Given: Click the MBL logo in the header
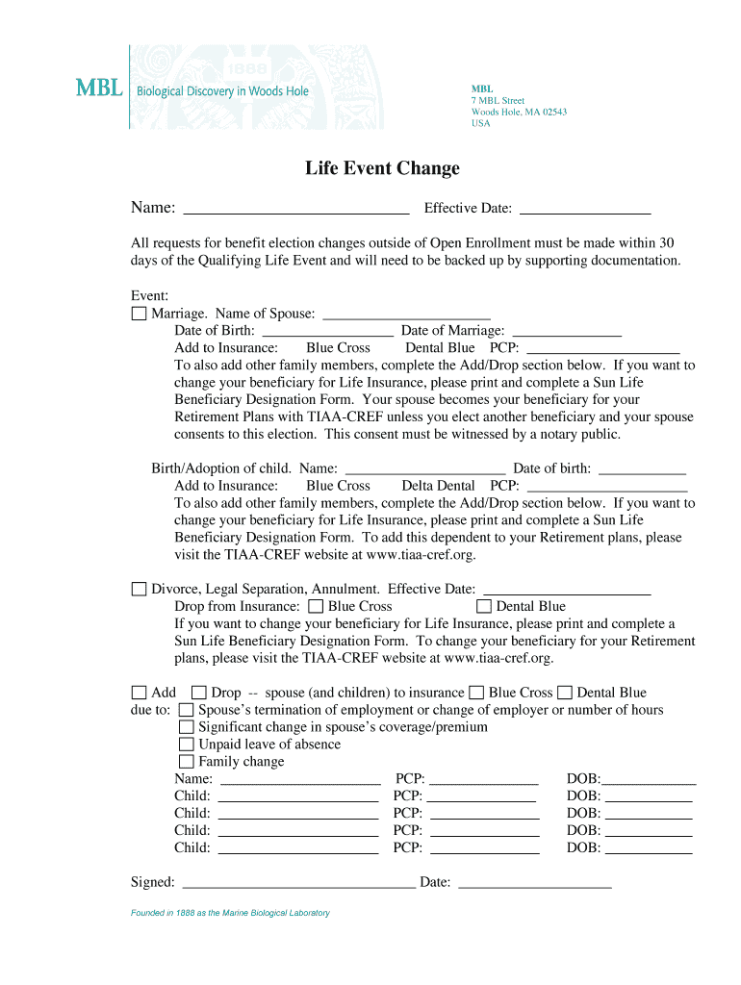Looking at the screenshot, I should (99, 88).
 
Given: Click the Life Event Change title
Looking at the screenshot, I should (382, 168).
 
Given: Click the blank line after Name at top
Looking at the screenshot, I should (295, 209).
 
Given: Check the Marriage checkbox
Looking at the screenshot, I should (139, 315).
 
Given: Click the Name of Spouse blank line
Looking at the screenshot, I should (406, 314).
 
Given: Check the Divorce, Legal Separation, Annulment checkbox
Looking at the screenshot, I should (139, 589).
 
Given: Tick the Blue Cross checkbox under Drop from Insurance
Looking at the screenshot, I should (316, 607).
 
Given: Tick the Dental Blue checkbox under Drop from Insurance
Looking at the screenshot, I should (484, 607).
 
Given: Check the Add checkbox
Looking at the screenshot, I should (139, 693).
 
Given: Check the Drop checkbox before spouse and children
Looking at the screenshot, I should (198, 693).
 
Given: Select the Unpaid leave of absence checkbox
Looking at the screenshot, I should (186, 745).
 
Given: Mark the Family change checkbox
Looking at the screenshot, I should (186, 762).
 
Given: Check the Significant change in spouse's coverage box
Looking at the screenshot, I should (186, 727).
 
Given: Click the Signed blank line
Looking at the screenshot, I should (298, 883).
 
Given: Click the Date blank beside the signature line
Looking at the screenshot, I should (534, 883).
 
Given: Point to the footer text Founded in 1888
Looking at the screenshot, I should (230, 913).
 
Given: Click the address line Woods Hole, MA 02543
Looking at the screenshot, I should (519, 112).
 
